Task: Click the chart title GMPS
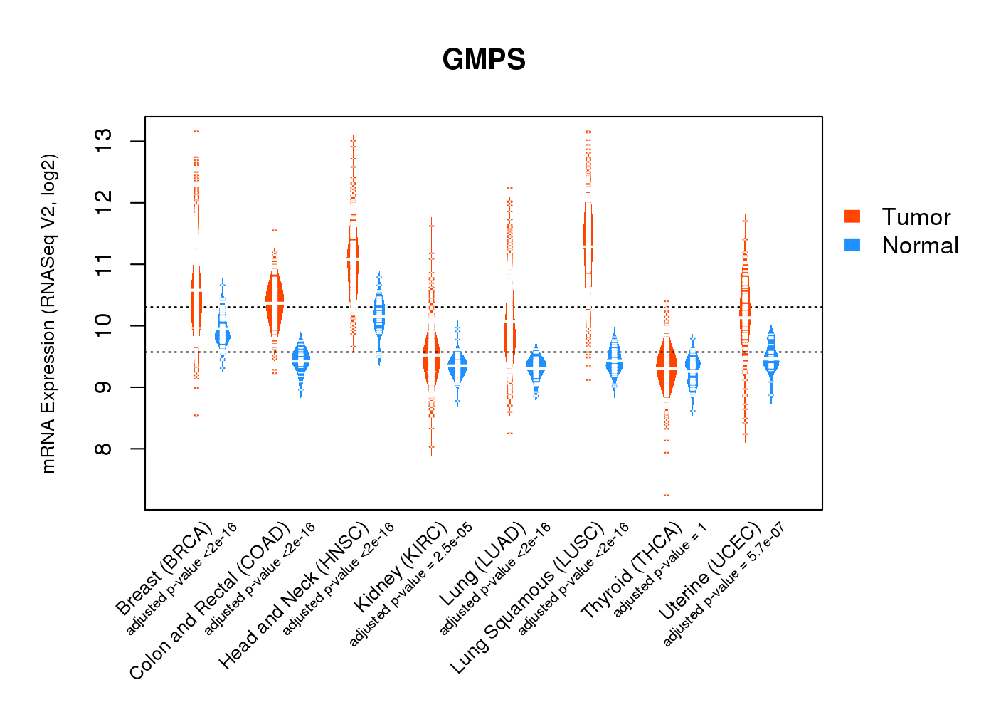pyautogui.click(x=484, y=60)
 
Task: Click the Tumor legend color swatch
pyautogui.click(x=852, y=216)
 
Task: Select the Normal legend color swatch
pyautogui.click(x=852, y=245)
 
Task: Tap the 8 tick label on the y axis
pyautogui.click(x=102, y=449)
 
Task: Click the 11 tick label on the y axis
pyautogui.click(x=102, y=264)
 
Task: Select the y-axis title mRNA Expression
pyautogui.click(x=48, y=313)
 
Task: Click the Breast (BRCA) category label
pyautogui.click(x=164, y=569)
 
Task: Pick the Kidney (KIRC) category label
pyautogui.click(x=401, y=567)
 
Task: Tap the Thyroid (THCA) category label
pyautogui.click(x=632, y=574)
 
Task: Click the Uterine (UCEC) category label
pyautogui.click(x=710, y=572)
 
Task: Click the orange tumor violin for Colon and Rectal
pyautogui.click(x=275, y=303)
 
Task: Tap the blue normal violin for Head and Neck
pyautogui.click(x=379, y=313)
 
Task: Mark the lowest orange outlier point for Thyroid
pyautogui.click(x=667, y=495)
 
